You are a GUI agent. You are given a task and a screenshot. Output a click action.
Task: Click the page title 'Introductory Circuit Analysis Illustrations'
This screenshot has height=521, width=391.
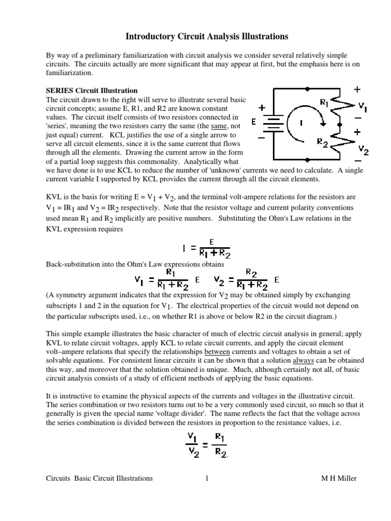pyautogui.click(x=207, y=37)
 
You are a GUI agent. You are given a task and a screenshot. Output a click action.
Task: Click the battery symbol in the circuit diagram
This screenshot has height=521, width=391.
pyautogui.click(x=275, y=123)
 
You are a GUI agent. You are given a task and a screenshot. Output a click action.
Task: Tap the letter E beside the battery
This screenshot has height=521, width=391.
pyautogui.click(x=254, y=123)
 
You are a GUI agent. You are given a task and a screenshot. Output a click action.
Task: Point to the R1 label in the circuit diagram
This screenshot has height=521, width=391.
pyautogui.click(x=324, y=102)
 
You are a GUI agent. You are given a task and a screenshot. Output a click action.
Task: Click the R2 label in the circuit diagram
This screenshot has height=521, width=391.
pyautogui.click(x=322, y=142)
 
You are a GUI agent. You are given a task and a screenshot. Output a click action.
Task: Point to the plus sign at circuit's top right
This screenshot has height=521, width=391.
pyautogui.click(x=357, y=90)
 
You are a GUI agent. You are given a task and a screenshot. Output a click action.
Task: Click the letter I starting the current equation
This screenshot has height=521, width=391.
pyautogui.click(x=183, y=249)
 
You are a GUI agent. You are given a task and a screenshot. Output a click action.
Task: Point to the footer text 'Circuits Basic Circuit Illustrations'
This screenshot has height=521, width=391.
pyautogui.click(x=99, y=478)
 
